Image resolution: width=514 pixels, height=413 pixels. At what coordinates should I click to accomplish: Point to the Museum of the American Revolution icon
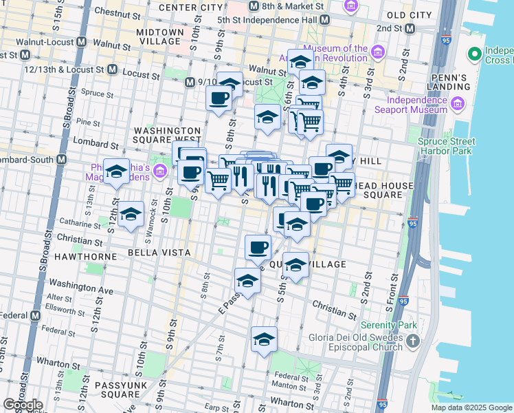click(x=378, y=52)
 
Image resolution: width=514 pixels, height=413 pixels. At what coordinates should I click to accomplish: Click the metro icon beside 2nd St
click(x=410, y=28)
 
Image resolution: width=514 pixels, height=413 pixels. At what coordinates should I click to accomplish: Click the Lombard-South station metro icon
click(x=62, y=159)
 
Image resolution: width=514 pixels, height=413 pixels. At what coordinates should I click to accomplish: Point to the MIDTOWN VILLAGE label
click(x=160, y=36)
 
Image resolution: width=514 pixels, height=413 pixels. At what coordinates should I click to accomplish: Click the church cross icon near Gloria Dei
click(x=412, y=340)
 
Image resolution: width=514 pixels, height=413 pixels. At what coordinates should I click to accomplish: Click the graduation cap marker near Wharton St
click(x=263, y=339)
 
